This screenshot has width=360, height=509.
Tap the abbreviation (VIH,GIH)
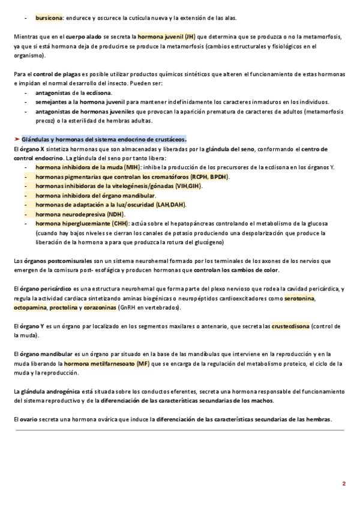pyautogui.click(x=188, y=186)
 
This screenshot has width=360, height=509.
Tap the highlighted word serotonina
pyautogui.click(x=300, y=298)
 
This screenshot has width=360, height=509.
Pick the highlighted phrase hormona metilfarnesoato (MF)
pyautogui.click(x=107, y=364)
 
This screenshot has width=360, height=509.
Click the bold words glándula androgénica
pyautogui.click(x=52, y=391)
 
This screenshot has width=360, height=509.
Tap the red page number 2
pyautogui.click(x=344, y=483)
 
